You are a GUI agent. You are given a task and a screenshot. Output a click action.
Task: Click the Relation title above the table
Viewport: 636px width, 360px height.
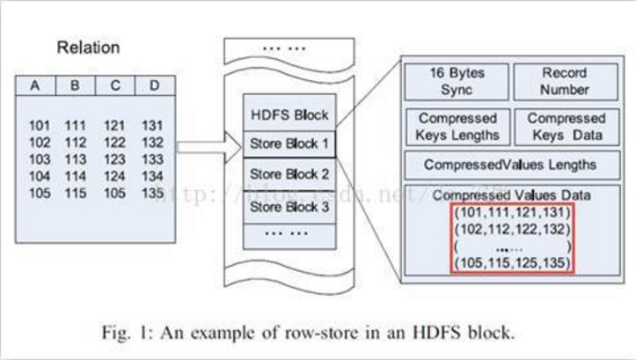click(87, 48)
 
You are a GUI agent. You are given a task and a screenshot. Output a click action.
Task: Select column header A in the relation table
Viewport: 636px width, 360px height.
click(35, 86)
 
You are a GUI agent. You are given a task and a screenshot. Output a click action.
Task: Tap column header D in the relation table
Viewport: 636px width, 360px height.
click(154, 86)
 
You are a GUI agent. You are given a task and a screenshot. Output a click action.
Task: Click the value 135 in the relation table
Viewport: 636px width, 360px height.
click(153, 193)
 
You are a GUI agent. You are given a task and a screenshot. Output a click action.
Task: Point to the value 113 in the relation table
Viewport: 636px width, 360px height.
click(77, 160)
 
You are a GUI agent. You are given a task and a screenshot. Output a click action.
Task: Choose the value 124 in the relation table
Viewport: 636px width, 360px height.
click(115, 177)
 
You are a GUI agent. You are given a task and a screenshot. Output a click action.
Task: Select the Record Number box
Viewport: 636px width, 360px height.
click(564, 81)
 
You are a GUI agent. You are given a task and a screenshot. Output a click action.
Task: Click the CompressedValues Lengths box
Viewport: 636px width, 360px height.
click(510, 165)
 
